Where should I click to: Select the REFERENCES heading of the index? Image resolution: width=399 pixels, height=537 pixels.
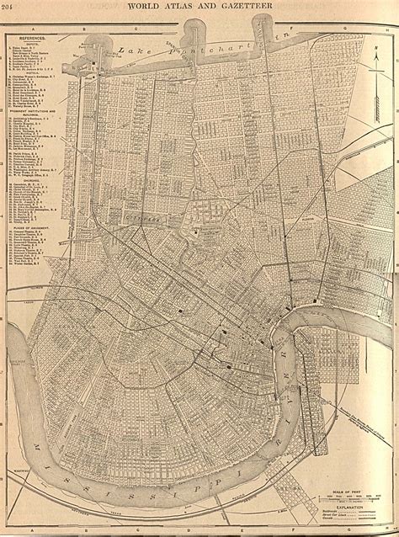pos(32,39)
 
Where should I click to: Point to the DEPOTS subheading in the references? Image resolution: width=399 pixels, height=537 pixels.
pos(32,45)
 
